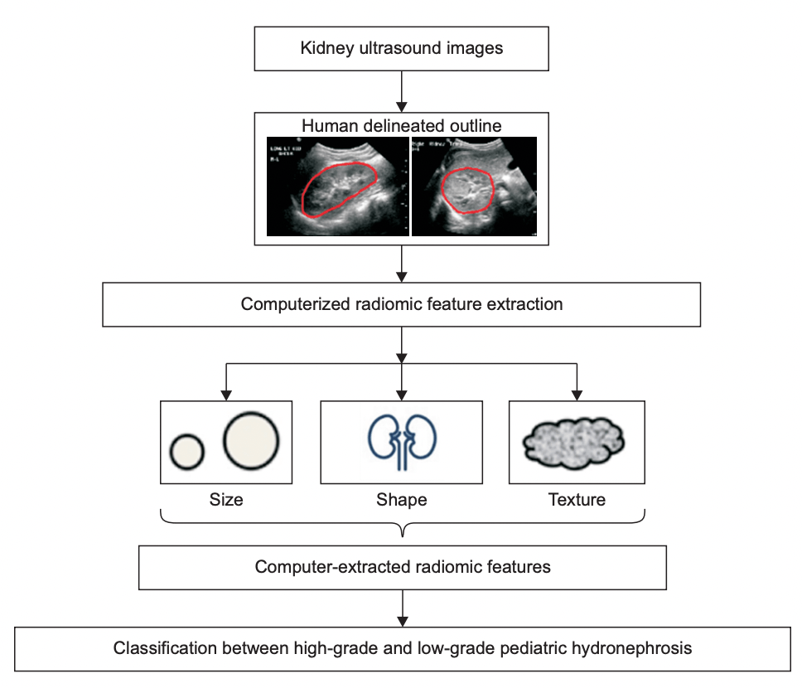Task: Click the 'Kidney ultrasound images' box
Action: click(401, 48)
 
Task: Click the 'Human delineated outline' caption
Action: click(401, 126)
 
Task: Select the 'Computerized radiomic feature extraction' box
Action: click(401, 304)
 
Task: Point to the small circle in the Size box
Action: click(187, 451)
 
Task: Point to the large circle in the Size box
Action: click(251, 440)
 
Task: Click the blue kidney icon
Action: click(402, 440)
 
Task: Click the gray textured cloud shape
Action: click(577, 442)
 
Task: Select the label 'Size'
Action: click(226, 500)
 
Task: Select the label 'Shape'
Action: click(402, 500)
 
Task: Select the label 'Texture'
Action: click(577, 500)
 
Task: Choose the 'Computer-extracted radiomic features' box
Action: click(402, 568)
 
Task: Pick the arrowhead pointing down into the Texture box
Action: click(577, 394)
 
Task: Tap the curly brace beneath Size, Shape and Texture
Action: click(402, 524)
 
